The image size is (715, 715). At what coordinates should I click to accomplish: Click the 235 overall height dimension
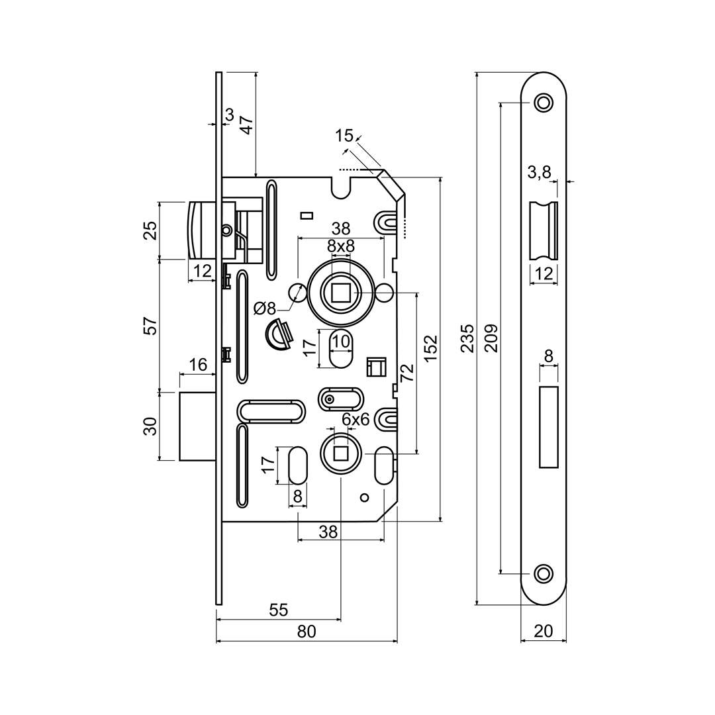(x=467, y=338)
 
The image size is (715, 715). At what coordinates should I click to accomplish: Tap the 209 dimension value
(x=492, y=338)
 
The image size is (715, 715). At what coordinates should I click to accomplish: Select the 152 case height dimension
(x=431, y=348)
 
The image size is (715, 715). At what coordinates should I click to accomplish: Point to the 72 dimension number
(x=406, y=373)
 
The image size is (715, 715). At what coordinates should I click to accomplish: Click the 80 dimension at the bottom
(x=307, y=632)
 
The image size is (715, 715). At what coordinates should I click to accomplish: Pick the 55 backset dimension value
(x=279, y=610)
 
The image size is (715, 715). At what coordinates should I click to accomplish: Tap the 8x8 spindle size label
(x=341, y=246)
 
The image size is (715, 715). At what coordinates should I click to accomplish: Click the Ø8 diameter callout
(x=265, y=308)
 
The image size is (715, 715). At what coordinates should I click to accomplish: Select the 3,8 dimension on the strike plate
(x=539, y=173)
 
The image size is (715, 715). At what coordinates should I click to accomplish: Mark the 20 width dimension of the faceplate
(x=543, y=631)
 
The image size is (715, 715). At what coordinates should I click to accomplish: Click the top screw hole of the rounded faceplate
(x=544, y=103)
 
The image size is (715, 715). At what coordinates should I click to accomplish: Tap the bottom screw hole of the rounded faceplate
(x=544, y=573)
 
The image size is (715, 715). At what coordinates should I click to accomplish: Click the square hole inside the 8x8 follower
(x=341, y=292)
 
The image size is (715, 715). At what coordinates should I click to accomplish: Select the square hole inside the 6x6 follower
(x=341, y=453)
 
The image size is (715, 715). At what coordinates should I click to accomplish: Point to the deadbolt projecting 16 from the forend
(x=197, y=426)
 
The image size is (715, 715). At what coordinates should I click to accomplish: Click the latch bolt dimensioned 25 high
(x=203, y=230)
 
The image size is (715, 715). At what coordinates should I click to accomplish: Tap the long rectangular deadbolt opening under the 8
(x=549, y=427)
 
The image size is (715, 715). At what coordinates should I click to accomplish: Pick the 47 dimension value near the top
(x=246, y=125)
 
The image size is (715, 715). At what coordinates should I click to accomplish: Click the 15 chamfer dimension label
(x=344, y=136)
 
